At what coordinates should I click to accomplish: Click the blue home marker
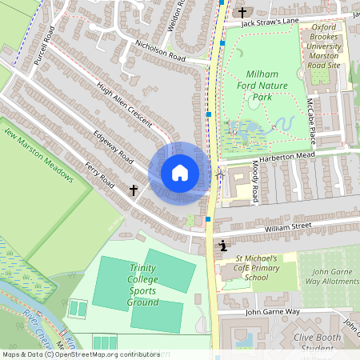point(179,173)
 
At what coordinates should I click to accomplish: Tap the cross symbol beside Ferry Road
point(134,190)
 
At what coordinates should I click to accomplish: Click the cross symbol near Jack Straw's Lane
point(242,12)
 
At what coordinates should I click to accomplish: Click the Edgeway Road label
point(112,149)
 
